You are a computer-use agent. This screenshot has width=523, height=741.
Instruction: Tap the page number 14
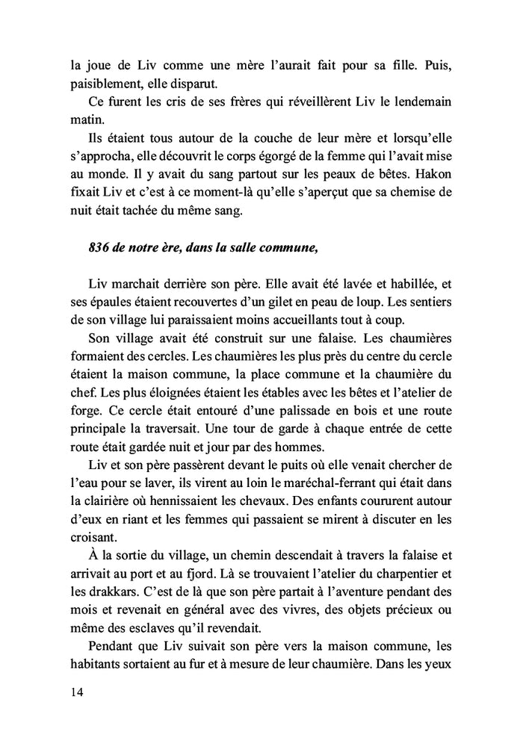click(73, 691)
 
